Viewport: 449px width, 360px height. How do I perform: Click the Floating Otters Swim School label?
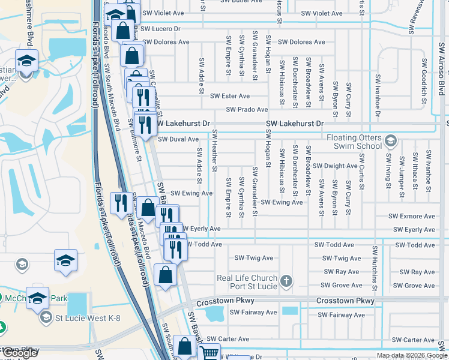click(x=354, y=142)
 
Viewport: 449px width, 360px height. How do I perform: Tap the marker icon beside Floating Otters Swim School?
click(x=391, y=141)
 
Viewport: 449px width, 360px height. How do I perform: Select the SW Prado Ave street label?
click(x=247, y=110)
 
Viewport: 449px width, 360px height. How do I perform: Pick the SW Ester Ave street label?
click(x=229, y=96)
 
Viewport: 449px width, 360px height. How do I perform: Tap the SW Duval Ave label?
click(x=178, y=139)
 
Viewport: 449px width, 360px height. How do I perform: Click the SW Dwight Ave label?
click(x=335, y=166)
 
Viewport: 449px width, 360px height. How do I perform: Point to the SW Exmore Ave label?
click(x=411, y=216)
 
